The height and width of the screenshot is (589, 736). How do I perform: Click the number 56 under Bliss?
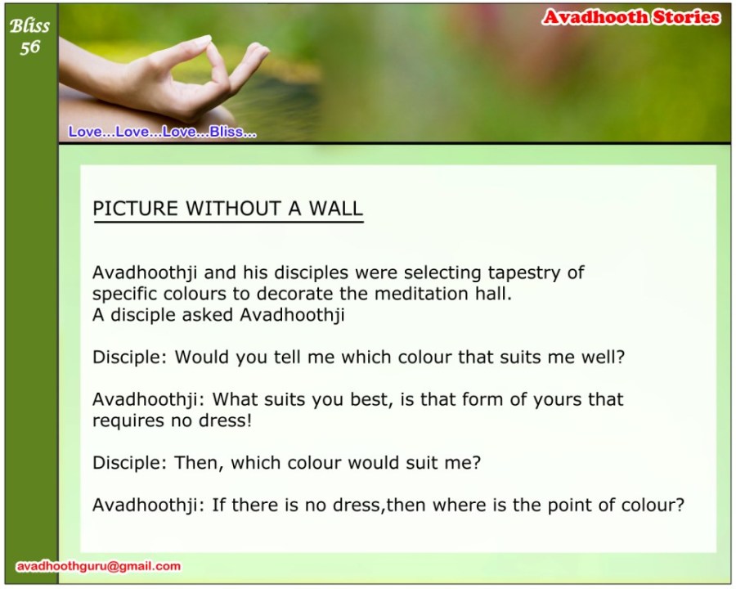pos(29,47)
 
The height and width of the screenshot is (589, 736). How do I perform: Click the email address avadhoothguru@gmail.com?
pos(99,566)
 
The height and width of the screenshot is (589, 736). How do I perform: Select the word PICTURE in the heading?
pos(135,209)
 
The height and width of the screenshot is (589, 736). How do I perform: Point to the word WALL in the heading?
pos(335,209)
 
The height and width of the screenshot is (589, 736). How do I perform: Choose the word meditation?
pos(421,294)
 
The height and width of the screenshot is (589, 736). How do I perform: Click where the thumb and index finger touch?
pos(209,43)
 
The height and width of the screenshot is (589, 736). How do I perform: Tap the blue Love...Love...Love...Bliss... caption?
pos(163,132)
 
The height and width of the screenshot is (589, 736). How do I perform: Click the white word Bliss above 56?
pos(29,26)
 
